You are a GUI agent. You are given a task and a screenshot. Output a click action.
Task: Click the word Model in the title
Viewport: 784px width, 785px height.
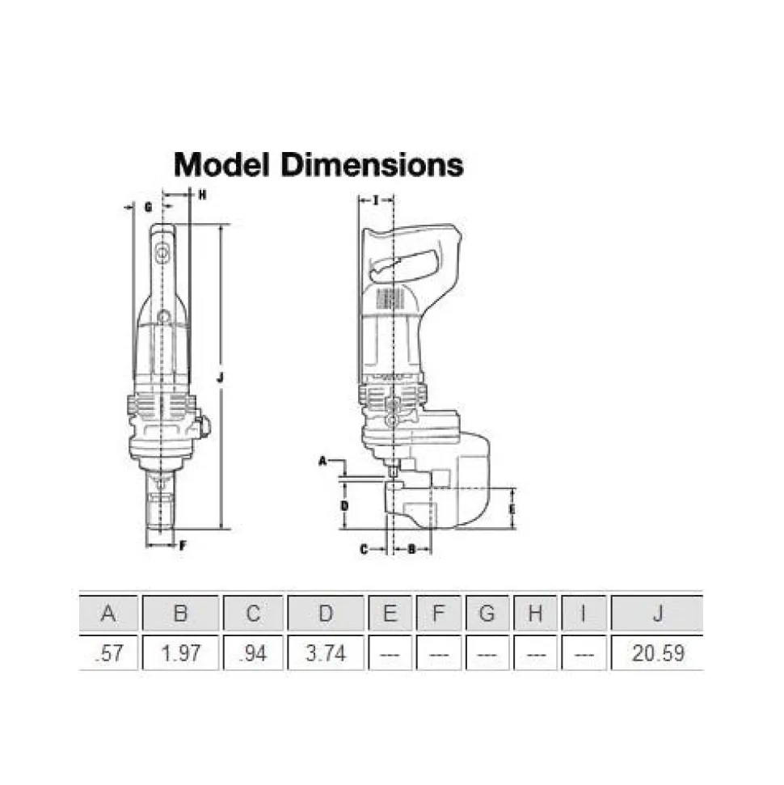click(221, 165)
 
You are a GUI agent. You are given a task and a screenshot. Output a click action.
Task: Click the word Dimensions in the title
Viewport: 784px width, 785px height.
click(373, 165)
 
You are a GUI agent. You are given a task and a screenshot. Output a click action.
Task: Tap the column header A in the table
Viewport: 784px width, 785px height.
click(108, 614)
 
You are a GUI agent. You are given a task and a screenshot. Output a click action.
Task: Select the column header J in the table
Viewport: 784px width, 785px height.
click(658, 614)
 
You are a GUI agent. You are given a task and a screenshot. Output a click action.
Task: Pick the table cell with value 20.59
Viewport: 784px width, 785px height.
click(658, 653)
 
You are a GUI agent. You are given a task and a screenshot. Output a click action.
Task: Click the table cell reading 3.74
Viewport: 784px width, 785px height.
click(326, 653)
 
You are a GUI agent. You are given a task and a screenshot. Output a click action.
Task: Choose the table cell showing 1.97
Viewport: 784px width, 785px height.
click(181, 653)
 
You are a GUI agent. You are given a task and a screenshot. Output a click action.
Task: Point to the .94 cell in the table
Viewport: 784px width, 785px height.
click(253, 653)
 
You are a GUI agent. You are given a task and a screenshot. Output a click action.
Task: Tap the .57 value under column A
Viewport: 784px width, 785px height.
click(108, 653)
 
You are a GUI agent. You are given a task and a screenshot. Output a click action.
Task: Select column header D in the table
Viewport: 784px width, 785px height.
click(326, 614)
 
